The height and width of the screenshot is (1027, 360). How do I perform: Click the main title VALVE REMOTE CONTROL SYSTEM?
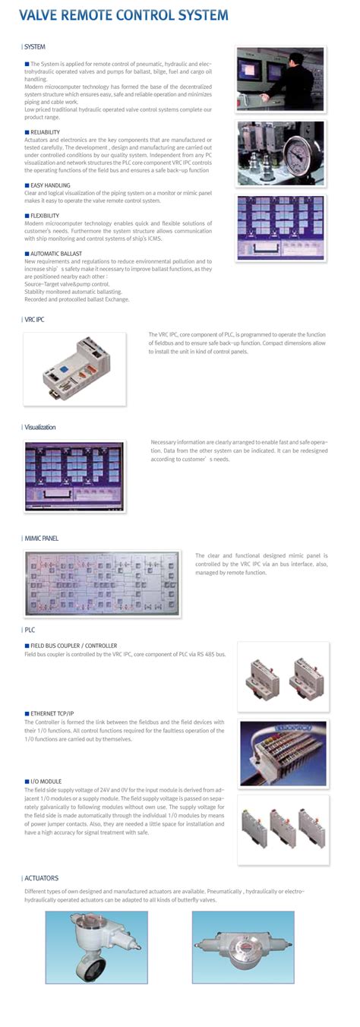pos(123,15)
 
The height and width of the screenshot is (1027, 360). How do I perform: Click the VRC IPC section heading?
pos(34,320)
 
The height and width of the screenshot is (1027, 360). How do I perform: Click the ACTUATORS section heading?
pos(41,878)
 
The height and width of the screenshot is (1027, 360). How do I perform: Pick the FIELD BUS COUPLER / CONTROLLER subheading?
pos(74,645)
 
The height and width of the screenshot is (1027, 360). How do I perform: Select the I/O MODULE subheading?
pos(49,782)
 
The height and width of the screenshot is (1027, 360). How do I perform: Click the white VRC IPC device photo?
pos(79,364)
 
